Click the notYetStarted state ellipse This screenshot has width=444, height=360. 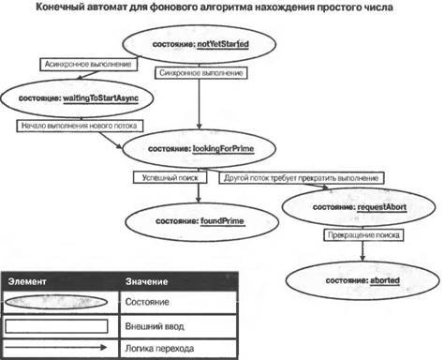(202, 44)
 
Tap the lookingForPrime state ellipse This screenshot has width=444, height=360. (200, 148)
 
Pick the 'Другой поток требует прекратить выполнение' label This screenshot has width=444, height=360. (300, 177)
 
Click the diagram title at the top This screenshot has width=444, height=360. (221, 8)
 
